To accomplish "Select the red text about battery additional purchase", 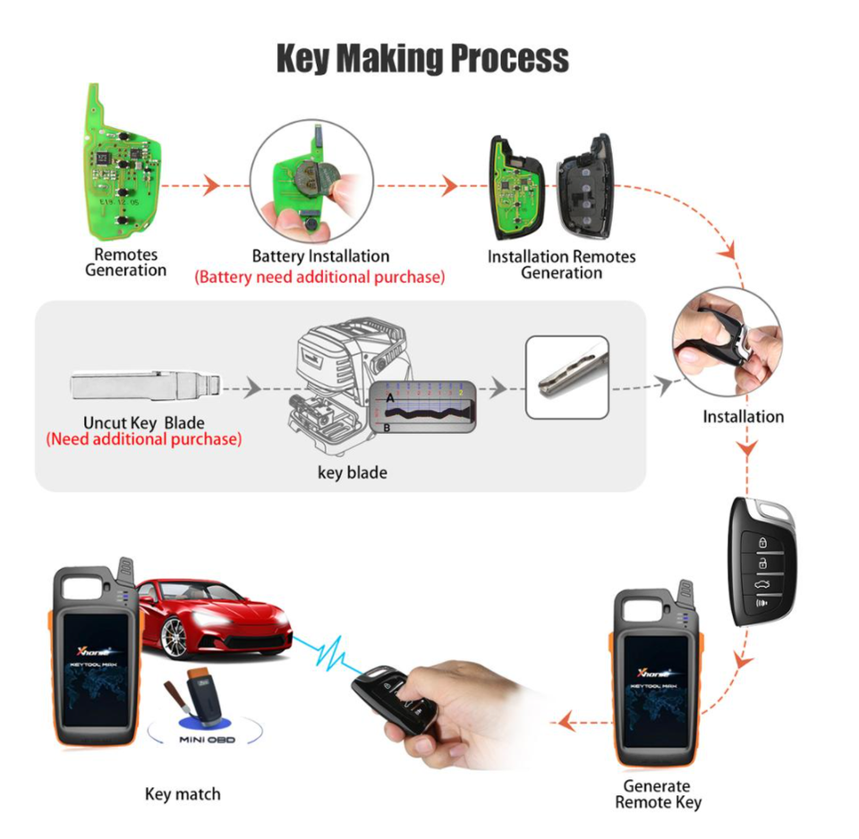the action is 319,277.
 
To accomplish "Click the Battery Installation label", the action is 319,257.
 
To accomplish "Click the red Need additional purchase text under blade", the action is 143,439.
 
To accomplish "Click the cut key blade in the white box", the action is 566,377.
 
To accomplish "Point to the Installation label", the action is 743,417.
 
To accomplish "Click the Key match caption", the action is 182,794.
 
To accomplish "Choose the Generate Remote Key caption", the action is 658,794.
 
